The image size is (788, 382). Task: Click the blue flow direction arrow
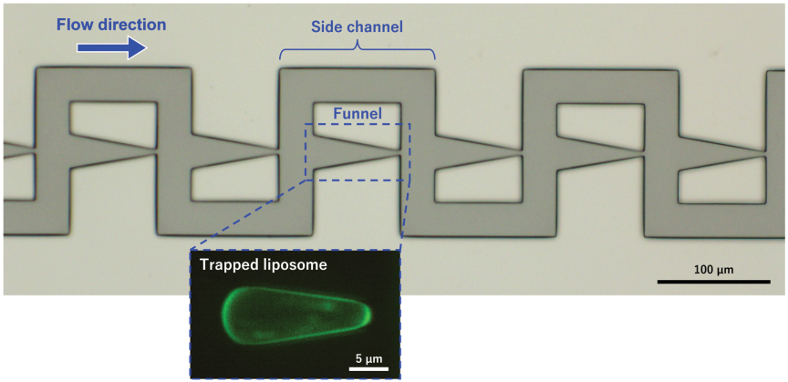pos(111,47)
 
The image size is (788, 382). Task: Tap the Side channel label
pos(357,27)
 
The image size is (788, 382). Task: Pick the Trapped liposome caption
pos(264,265)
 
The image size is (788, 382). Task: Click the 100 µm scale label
pos(713,270)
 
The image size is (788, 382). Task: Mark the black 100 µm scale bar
pos(713,282)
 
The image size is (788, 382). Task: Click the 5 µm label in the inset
pos(368,359)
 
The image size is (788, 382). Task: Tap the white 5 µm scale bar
pos(368,369)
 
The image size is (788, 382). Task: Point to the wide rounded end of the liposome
pos(227,315)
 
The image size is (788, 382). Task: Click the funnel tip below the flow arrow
pos(155,150)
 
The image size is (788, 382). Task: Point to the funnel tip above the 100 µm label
pos(643,154)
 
